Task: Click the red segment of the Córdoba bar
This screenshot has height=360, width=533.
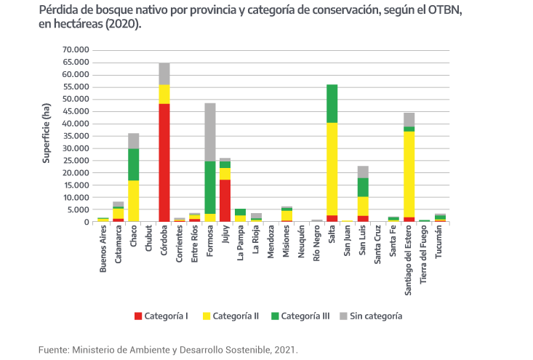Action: tap(164, 163)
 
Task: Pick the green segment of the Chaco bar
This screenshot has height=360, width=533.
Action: tap(134, 164)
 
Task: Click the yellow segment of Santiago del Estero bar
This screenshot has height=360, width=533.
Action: tap(409, 175)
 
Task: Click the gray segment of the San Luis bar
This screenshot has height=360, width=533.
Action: tap(363, 172)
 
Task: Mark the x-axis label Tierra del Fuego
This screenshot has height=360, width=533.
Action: tap(425, 254)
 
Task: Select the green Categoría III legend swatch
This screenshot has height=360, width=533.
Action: tap(274, 316)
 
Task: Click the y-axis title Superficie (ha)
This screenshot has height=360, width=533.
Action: tap(46, 133)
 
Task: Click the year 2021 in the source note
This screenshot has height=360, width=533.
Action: tap(286, 350)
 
